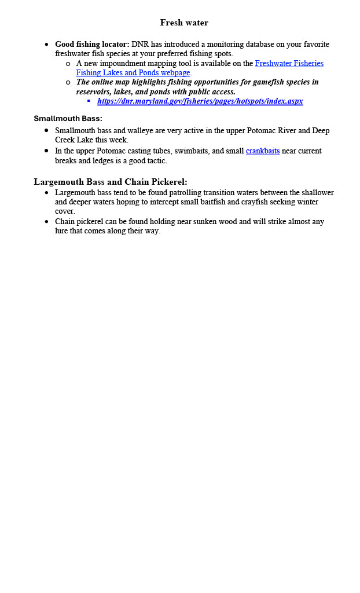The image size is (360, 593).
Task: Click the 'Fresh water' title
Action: coord(184,23)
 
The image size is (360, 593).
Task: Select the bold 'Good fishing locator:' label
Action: coord(92,44)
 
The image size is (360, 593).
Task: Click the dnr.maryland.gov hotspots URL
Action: coord(200,101)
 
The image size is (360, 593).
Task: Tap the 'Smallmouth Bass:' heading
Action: coord(68,118)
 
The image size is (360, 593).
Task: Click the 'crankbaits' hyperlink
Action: coord(262,151)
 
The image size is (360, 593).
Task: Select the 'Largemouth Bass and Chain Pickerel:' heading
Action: coord(110,182)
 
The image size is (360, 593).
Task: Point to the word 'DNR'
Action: coord(140,44)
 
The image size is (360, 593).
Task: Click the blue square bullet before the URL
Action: coord(89,101)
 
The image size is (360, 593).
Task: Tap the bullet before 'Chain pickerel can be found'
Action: coord(46,221)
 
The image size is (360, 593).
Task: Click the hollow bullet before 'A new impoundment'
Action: coord(68,63)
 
